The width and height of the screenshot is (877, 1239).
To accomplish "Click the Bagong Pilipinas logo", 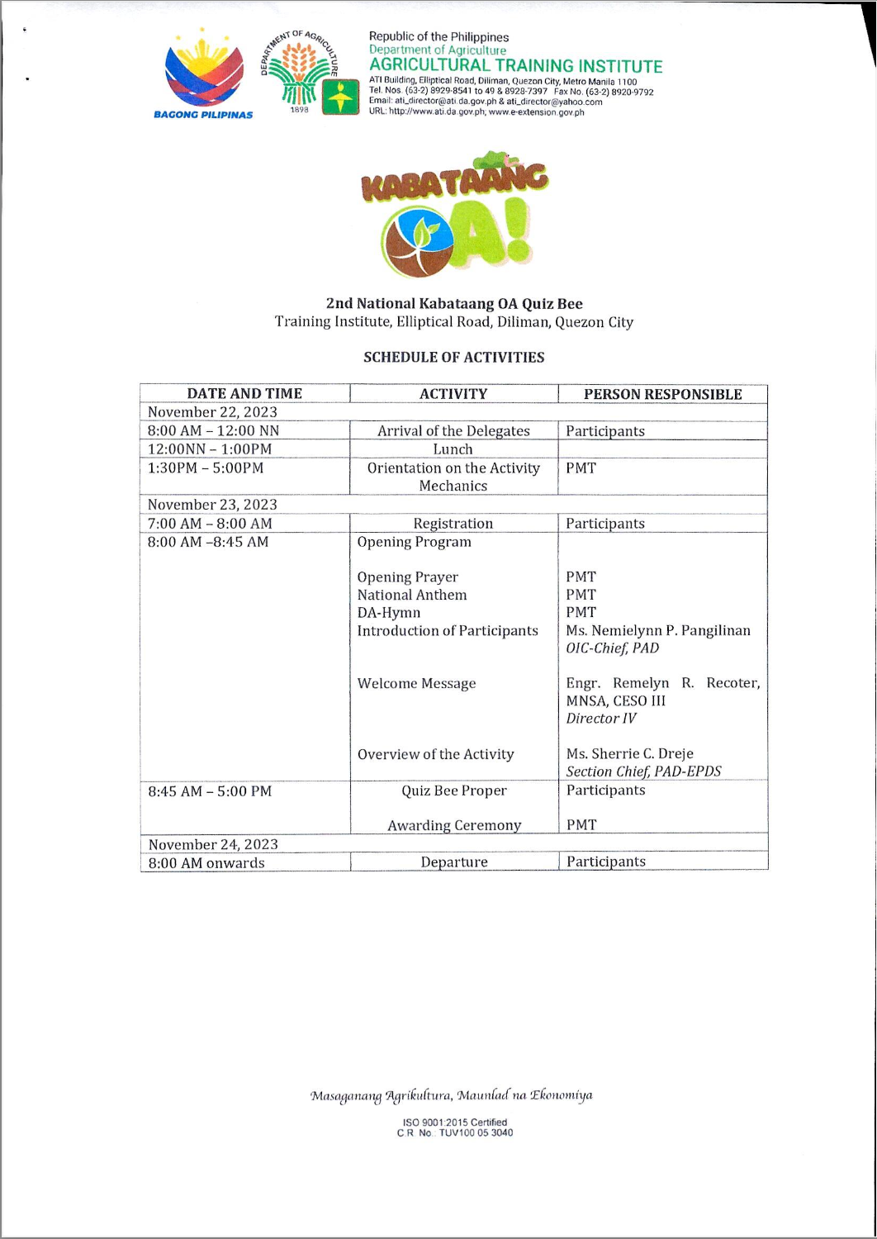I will click(204, 75).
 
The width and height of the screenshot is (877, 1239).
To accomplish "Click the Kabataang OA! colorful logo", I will click(453, 216).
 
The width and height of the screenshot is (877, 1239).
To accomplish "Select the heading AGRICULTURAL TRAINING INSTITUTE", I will click(515, 66).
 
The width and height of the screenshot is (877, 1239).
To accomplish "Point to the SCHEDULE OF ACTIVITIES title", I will click(453, 358).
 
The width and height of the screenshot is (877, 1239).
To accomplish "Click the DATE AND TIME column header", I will click(244, 394).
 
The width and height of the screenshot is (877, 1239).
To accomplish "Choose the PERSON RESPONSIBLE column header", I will click(662, 394).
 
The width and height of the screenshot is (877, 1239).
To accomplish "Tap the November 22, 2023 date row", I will click(213, 412).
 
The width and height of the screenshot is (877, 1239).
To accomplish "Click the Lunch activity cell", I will click(453, 449).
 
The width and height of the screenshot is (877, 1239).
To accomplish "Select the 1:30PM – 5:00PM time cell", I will click(206, 468).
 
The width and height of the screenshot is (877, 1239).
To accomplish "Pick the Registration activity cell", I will click(453, 524).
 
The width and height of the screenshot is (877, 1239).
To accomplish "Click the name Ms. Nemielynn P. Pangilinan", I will click(658, 631).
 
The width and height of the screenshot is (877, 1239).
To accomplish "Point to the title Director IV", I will click(601, 719).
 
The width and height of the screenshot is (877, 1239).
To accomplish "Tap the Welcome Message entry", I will click(416, 684).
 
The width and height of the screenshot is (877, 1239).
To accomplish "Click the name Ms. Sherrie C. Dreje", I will click(629, 754).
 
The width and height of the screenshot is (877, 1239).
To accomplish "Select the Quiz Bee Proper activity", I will click(453, 791).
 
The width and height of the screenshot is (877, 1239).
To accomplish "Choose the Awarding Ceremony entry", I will click(453, 825).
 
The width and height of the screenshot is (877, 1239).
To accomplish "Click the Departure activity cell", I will click(453, 862).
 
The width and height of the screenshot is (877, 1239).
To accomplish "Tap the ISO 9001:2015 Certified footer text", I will click(454, 1123).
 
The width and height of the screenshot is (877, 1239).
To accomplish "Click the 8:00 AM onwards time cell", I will click(206, 863).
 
